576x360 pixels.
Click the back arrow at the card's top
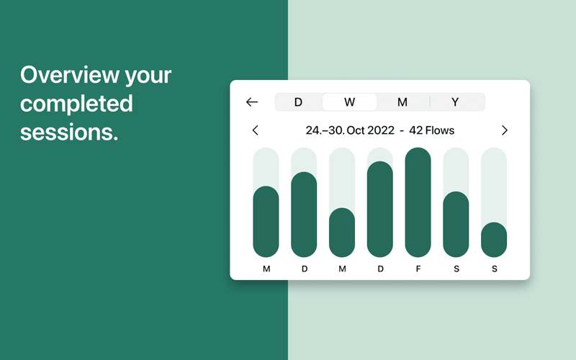(251, 102)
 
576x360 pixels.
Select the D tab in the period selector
(298, 102)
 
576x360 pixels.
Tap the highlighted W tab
(349, 102)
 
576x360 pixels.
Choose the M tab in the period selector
(402, 102)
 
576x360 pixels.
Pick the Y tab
(455, 102)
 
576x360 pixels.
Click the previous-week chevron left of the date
(256, 130)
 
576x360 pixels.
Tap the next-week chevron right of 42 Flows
(505, 130)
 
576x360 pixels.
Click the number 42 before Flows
(415, 130)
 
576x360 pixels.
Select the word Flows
(439, 130)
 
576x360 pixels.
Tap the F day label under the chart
(418, 269)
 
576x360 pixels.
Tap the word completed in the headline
(76, 104)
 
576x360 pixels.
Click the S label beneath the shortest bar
(495, 269)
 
